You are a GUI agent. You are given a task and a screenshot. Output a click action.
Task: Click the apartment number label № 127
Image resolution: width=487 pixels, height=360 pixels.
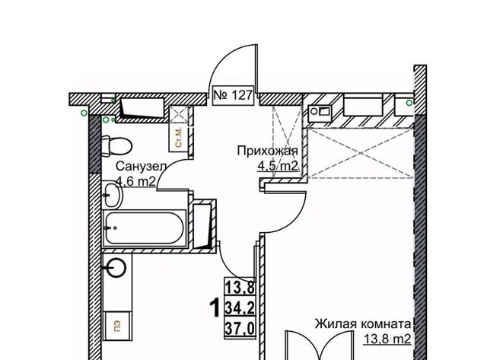234,95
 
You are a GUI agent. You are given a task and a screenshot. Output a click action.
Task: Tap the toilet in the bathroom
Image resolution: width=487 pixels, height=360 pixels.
116,145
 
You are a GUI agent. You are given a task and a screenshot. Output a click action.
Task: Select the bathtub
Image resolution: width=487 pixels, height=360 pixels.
144,228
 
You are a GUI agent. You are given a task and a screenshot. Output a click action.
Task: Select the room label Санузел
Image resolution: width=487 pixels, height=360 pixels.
142,167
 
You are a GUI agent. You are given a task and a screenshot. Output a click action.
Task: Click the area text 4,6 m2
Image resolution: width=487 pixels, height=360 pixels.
135,181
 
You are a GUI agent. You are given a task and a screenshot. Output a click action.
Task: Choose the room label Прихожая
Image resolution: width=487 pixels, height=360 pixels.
267,151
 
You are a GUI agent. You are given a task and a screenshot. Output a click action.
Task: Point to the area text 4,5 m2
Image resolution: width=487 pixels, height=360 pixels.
277,167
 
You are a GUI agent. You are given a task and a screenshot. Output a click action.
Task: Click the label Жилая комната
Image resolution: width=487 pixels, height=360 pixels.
363,324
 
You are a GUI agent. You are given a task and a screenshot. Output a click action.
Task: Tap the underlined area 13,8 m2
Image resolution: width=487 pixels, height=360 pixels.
387,339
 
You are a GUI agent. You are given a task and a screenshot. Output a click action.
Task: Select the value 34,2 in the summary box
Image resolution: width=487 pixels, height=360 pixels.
240,308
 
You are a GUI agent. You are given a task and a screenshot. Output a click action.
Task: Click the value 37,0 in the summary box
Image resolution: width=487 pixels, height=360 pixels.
240,328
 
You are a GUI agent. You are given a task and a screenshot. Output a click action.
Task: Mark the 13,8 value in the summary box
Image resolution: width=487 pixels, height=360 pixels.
240,288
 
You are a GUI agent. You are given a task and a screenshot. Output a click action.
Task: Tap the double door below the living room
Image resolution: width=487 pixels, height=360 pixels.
320,346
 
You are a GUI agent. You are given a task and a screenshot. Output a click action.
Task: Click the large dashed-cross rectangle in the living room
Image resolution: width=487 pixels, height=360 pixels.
361,153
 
